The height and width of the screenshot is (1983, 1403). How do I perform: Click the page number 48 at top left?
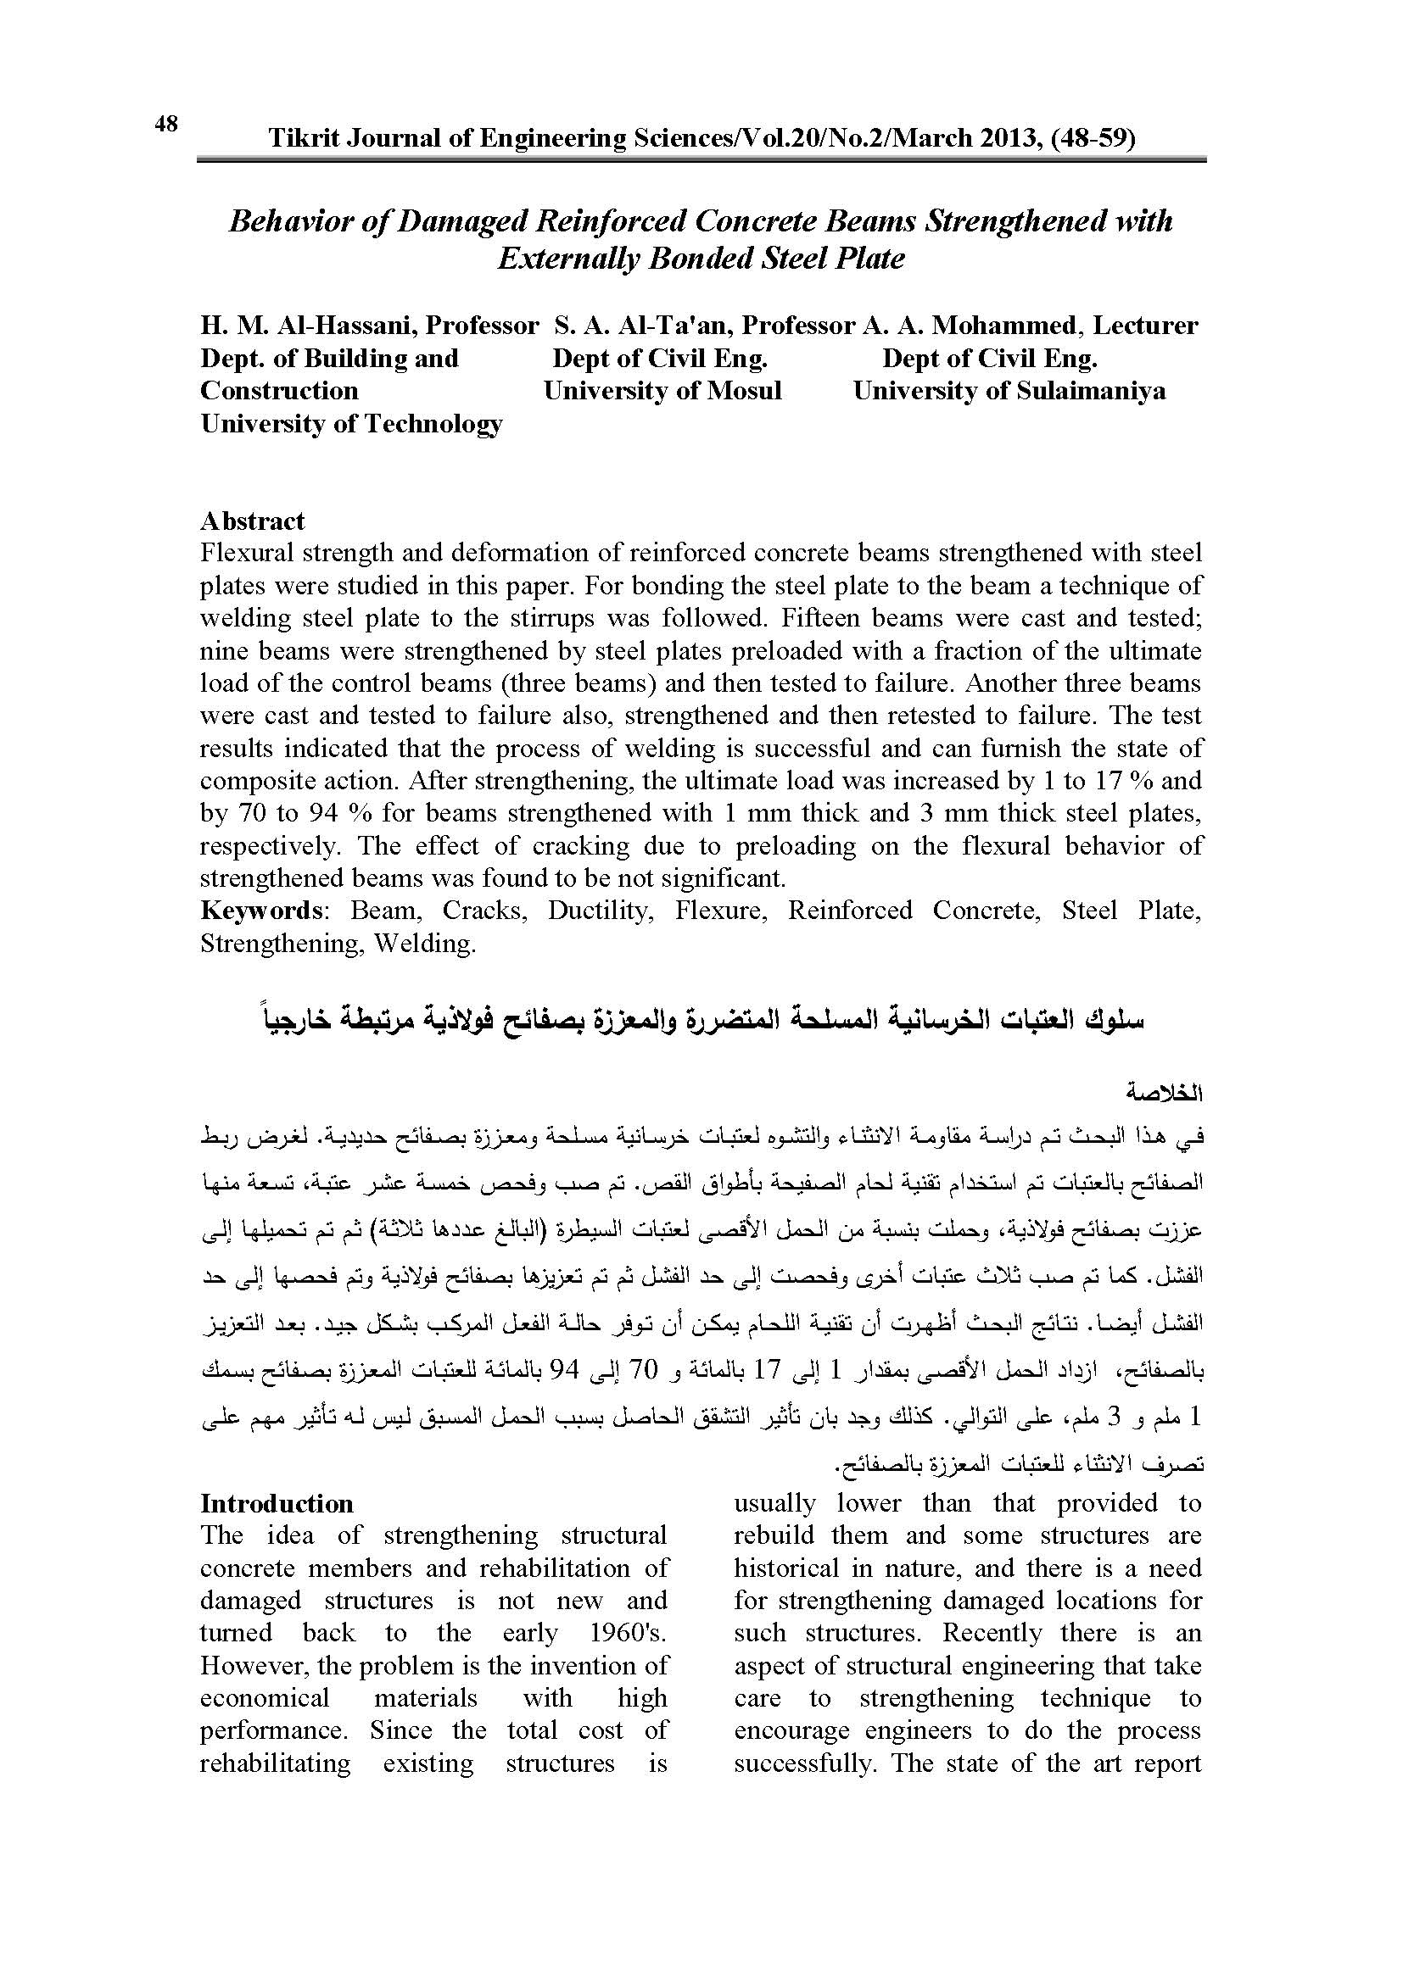[x=167, y=125]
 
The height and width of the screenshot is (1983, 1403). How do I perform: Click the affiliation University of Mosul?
[x=662, y=391]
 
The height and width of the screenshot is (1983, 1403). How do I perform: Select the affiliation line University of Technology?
[x=351, y=424]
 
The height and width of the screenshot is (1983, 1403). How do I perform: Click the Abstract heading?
[x=252, y=521]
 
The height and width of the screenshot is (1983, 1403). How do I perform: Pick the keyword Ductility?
[x=600, y=911]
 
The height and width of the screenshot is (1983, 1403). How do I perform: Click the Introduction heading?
[x=277, y=1504]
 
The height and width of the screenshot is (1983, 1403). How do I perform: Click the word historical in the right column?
[x=786, y=1568]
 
